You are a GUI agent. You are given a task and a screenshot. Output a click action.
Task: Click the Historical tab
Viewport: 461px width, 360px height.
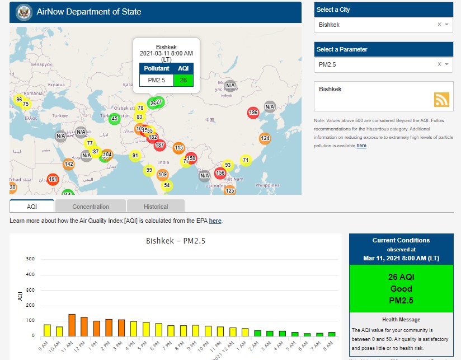click(156, 207)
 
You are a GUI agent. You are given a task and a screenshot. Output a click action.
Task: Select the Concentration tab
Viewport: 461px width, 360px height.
click(91, 207)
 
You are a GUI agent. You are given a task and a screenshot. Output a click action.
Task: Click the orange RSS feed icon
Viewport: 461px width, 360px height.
click(441, 100)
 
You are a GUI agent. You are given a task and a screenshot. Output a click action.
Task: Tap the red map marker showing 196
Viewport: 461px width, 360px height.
click(253, 113)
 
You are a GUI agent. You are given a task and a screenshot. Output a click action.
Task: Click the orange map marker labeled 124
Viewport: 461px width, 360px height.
click(265, 138)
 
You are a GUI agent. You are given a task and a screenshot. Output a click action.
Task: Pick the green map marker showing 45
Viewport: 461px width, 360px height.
click(114, 119)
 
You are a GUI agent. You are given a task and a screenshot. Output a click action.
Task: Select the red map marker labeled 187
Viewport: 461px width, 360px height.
click(159, 145)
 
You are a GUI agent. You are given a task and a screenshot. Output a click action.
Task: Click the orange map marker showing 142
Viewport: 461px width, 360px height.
click(69, 165)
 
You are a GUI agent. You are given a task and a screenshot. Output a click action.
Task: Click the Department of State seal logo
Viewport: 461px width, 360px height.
click(24, 12)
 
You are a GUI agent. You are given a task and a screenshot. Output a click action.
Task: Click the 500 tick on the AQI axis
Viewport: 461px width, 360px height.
click(31, 259)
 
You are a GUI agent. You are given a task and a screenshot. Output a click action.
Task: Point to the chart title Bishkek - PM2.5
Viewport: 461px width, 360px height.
click(176, 241)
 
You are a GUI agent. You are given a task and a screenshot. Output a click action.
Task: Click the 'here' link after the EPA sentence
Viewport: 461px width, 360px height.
click(215, 221)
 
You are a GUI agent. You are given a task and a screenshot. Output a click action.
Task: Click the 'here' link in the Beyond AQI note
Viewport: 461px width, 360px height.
click(361, 146)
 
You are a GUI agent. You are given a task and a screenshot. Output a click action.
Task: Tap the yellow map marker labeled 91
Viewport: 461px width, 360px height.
click(135, 156)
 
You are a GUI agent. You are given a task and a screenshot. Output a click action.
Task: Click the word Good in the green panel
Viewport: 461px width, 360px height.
click(401, 289)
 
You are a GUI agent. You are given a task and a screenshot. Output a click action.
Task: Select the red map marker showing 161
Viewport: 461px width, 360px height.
click(53, 180)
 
